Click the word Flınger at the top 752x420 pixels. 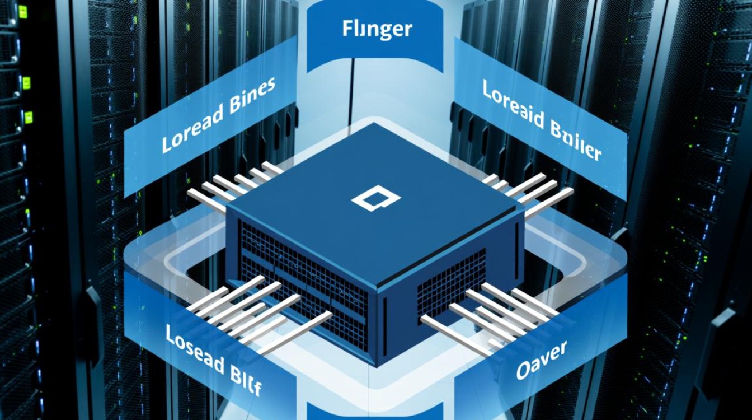(377, 29)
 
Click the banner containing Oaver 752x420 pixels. (537, 358)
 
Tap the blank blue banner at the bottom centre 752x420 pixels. (375, 411)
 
